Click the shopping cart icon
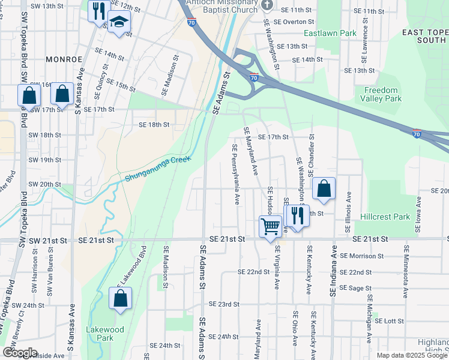coord(270,227)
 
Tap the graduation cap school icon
coord(119,23)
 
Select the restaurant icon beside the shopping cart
coord(297,215)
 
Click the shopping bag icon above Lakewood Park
coord(120,299)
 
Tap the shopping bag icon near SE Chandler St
coord(324,189)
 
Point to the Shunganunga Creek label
coord(158,169)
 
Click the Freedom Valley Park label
coord(381,94)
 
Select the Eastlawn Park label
coord(327,33)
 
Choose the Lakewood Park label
coord(105,334)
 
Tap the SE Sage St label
coord(356,288)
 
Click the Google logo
coord(20,353)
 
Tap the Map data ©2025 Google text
coord(411,355)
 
